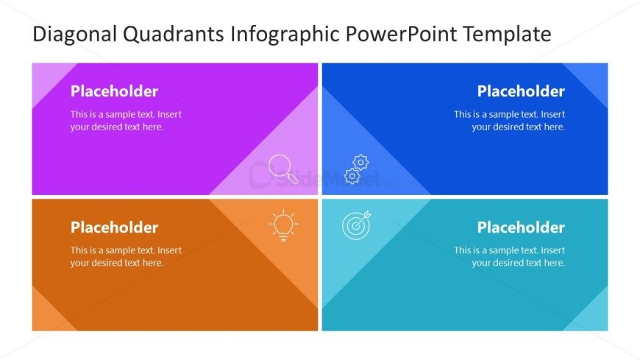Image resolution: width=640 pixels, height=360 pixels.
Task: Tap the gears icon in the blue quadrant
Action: pos(356,169)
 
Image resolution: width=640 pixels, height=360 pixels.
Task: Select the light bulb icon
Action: pos(283,225)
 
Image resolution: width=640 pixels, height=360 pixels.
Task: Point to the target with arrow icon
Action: pos(357,225)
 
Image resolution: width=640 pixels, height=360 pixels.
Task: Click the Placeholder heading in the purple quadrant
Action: pos(114,91)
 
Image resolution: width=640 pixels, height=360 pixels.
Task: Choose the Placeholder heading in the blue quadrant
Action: pos(521,91)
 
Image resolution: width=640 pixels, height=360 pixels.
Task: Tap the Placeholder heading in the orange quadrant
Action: pos(114,227)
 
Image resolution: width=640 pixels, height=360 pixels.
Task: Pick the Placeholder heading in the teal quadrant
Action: pos(521,227)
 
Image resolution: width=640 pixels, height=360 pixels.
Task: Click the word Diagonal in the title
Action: pos(75,35)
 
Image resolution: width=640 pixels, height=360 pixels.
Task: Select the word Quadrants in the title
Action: pos(174,35)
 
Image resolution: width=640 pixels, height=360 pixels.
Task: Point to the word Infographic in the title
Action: pos(285,35)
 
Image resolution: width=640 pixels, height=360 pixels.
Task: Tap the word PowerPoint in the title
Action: pos(401,35)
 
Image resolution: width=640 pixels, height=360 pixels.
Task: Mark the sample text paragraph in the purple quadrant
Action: pos(126,121)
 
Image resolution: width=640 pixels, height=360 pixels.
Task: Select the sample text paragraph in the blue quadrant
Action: pos(509,121)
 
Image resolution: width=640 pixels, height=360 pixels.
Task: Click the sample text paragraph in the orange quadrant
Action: pos(126,257)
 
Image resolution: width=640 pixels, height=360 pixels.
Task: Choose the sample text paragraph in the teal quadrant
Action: pos(509,257)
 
